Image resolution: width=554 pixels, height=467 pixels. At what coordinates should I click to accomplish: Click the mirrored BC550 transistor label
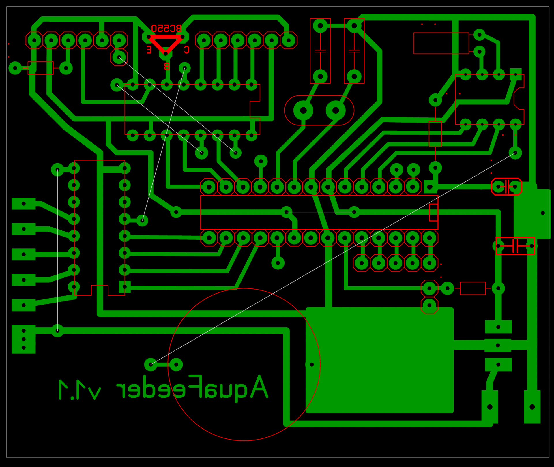(166, 28)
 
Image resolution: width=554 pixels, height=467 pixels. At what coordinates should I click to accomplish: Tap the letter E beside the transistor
(149, 50)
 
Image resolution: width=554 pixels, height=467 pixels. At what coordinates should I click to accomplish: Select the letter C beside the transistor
(187, 50)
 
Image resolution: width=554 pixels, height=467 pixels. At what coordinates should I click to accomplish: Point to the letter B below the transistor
(166, 67)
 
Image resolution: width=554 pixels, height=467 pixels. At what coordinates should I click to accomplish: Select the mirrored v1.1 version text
(80, 390)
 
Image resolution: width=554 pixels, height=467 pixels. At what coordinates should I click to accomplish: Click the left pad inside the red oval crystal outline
(303, 110)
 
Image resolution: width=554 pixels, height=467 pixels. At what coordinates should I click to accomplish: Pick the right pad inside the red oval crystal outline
(336, 110)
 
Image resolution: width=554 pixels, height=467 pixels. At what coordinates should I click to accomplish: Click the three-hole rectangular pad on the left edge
(24, 339)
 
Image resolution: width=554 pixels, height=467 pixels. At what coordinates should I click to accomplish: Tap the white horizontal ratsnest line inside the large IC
(320, 212)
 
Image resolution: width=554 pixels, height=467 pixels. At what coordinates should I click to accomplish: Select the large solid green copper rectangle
(379, 361)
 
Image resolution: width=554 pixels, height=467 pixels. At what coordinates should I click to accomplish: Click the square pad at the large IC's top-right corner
(430, 187)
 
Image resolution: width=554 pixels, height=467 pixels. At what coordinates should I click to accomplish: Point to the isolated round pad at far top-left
(15, 68)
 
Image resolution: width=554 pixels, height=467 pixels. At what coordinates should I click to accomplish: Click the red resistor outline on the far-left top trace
(40, 68)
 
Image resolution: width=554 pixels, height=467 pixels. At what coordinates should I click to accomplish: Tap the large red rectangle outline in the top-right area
(441, 43)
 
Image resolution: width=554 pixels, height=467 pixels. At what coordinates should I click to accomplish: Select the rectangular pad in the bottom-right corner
(532, 407)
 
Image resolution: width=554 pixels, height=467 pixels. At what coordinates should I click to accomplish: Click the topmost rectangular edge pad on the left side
(24, 204)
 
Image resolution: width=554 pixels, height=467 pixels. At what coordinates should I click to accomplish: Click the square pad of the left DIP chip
(125, 287)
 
